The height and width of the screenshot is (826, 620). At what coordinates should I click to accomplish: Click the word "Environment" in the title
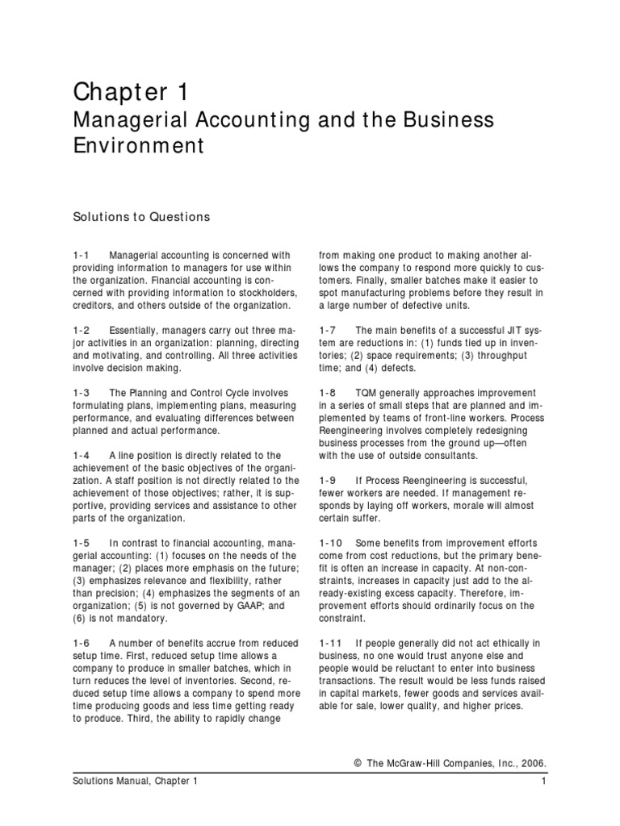point(138,147)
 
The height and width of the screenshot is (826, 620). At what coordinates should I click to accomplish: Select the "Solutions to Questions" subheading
point(141,216)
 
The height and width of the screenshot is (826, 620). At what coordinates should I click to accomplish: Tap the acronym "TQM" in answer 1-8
point(368,392)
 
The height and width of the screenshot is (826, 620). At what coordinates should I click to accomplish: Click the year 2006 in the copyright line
point(531,761)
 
